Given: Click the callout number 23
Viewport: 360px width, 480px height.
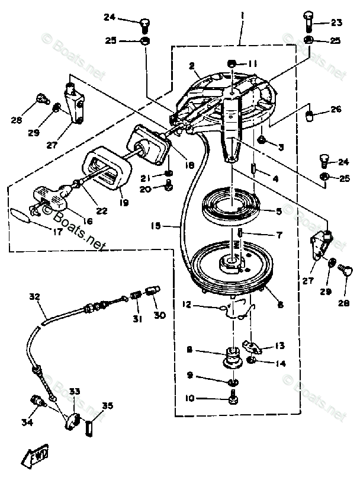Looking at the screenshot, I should pyautogui.click(x=336, y=23).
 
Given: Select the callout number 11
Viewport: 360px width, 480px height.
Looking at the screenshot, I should pyautogui.click(x=253, y=63).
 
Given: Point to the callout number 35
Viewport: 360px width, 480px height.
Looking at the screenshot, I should pyautogui.click(x=107, y=406).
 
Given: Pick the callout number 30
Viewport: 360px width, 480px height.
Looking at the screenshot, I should pyautogui.click(x=160, y=315).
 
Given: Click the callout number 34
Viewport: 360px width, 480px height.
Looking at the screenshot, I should pyautogui.click(x=28, y=422).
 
